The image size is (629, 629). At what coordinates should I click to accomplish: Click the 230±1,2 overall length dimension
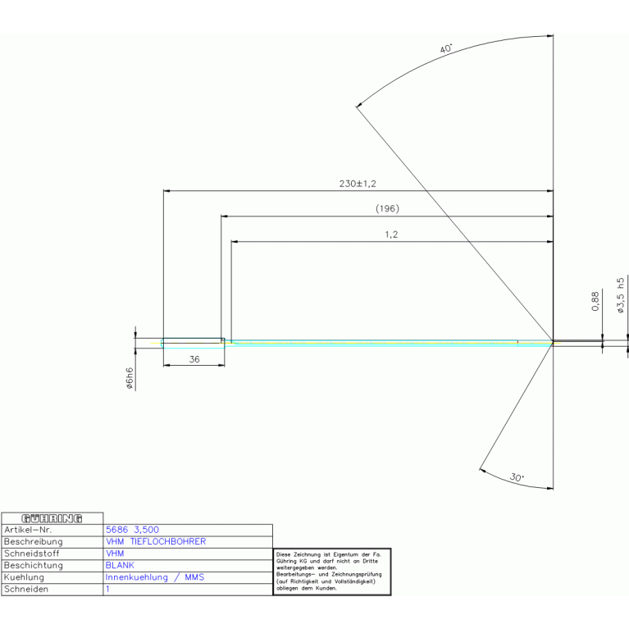coord(362,184)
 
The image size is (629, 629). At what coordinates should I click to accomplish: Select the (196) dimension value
coord(387,209)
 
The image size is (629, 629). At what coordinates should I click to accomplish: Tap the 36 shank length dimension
coord(194,359)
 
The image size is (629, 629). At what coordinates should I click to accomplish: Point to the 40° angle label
coord(446,49)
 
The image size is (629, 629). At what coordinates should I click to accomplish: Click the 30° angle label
coord(517,477)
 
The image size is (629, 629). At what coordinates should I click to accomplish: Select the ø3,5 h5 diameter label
coord(621,295)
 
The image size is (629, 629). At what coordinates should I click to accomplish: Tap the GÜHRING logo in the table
coord(52,518)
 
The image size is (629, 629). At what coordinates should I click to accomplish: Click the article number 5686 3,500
coord(133,530)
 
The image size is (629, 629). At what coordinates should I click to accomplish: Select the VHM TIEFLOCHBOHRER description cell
coord(156,541)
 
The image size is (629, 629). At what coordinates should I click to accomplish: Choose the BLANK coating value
coord(121,565)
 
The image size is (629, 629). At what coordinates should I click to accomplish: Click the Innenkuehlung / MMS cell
coord(155,577)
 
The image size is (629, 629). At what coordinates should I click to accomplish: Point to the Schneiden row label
coord(26,589)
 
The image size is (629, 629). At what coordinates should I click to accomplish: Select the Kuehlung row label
coord(25,577)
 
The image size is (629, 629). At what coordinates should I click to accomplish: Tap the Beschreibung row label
coord(34,541)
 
